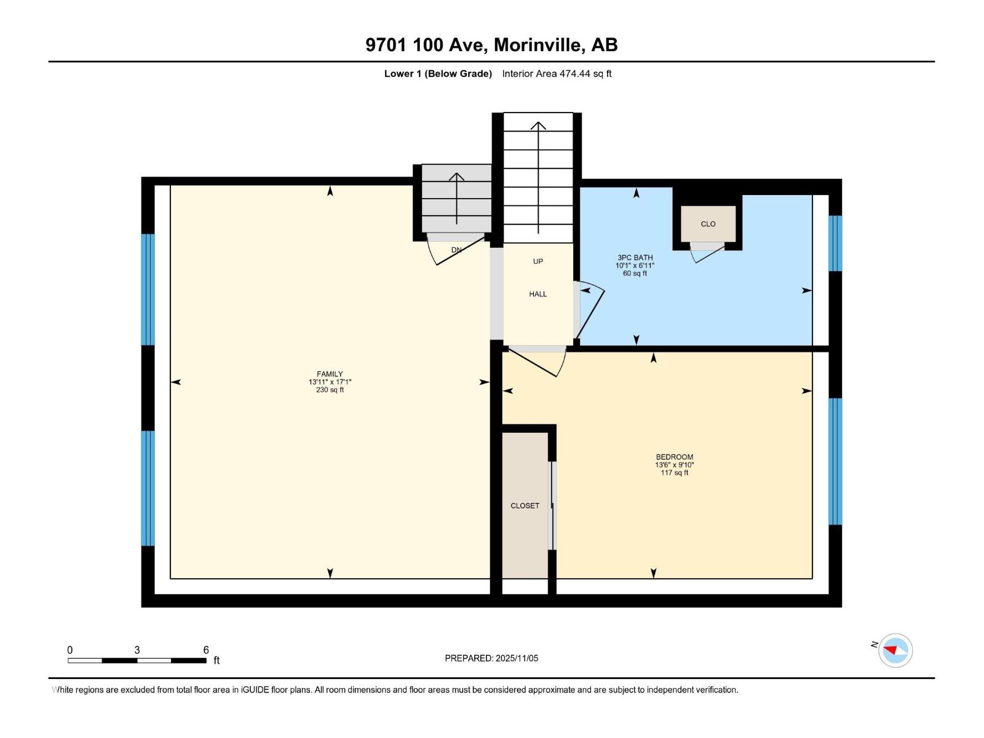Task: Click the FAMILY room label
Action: [330, 374]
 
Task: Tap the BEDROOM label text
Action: [674, 457]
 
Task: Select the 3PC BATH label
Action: [635, 258]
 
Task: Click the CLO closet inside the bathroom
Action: [708, 224]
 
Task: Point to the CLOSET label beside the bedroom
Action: [525, 506]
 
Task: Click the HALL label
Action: [538, 294]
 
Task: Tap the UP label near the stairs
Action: [538, 261]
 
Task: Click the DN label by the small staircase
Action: [456, 250]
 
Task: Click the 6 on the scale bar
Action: [206, 650]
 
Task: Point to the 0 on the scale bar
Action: [70, 650]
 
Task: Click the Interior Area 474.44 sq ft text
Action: [557, 74]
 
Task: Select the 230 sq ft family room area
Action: [330, 390]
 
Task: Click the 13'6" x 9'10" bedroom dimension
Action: [674, 465]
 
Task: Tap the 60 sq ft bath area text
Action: [635, 274]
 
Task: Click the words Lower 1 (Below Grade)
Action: [438, 74]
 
